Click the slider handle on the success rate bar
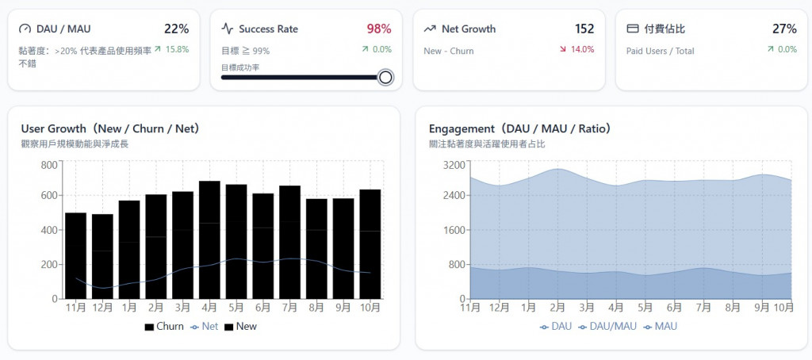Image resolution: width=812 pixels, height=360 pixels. click(385, 77)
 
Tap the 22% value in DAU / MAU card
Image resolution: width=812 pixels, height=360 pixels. click(176, 29)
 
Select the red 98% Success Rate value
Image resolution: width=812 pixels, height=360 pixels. click(378, 29)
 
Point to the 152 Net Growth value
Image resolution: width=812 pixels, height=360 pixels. click(584, 29)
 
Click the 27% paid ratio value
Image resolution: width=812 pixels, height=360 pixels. click(784, 29)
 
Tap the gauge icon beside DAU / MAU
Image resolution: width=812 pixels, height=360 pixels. click(25, 29)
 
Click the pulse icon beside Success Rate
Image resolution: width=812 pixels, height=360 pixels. click(228, 29)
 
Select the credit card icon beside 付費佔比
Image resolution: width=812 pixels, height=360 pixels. click(633, 29)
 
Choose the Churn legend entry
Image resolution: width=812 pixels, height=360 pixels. click(164, 326)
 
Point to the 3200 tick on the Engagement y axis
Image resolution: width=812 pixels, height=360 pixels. click(455, 165)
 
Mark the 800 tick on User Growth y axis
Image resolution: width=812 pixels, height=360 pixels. click(49, 165)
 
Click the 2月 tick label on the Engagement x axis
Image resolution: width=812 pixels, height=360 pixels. click(557, 307)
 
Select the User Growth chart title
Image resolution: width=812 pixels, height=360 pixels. click(110, 128)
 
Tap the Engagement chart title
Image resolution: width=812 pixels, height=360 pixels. click(519, 128)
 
